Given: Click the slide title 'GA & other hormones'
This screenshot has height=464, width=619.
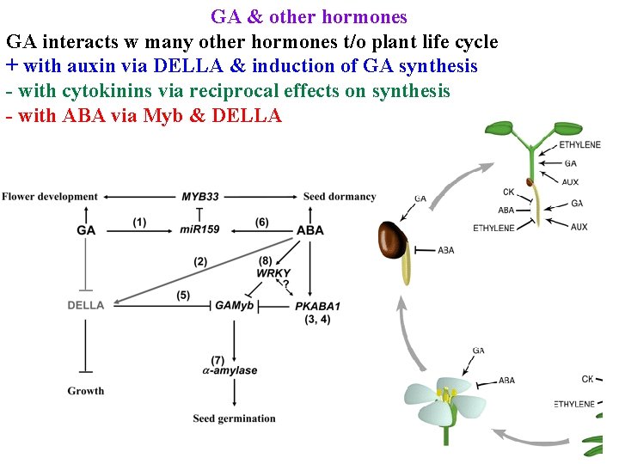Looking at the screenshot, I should pos(309,16).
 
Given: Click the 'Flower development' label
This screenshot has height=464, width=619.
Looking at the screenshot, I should pos(50,197).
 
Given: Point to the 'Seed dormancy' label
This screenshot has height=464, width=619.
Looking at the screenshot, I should pos(340,197).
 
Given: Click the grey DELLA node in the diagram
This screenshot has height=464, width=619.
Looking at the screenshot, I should pos(86,305).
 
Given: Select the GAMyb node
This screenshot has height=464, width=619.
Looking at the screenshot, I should pos(235,305).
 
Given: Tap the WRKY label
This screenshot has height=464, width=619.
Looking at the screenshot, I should pos(273,273).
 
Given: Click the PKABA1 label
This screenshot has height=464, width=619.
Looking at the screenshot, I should pos(318,306).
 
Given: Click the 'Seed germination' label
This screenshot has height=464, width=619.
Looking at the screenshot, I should pos(235,418).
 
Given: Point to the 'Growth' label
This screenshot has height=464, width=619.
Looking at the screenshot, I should pos(86,391).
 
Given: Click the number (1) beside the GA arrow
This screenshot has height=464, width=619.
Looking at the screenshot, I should pos(139,222).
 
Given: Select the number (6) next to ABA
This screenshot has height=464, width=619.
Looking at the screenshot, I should pos(261,222).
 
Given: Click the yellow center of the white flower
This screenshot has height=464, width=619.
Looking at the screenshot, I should pos(446,396).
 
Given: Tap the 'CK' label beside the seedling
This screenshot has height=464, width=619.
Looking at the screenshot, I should pos(509,192).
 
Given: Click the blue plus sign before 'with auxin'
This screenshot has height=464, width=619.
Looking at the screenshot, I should pos(12,66).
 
